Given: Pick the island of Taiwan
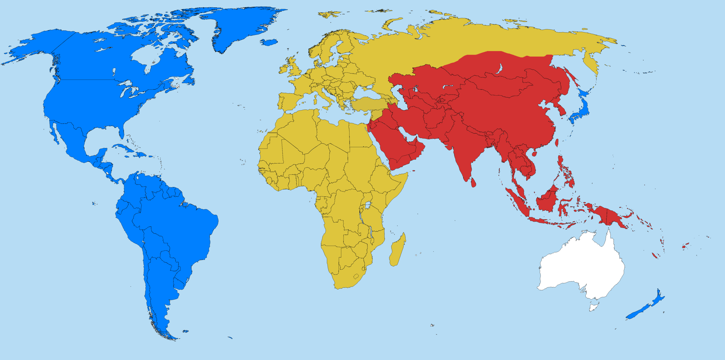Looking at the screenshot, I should coord(556,142).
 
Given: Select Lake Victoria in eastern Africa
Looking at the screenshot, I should coord(368,205).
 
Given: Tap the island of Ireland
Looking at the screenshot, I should coord(284,69).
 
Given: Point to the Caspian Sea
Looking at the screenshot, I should coord(398,95).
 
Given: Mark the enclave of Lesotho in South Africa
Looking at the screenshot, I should coord(356,276).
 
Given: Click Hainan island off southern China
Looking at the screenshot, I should coord(535,154).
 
